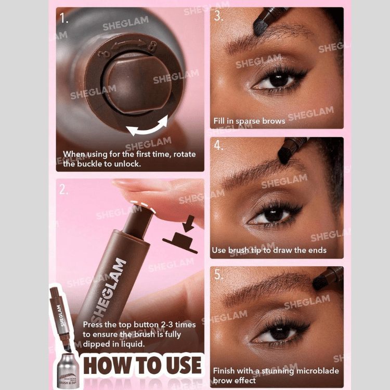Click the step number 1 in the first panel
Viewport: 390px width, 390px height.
pos(64,18)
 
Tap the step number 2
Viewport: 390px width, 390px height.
pos(63,189)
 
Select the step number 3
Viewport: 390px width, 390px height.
pos(218,16)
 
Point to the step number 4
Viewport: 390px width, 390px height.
pos(218,145)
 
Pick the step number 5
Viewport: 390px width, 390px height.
pos(218,275)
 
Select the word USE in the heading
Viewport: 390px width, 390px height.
pos(184,365)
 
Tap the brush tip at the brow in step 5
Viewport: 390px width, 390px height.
pos(319,283)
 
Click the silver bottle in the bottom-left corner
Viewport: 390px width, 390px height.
pos(67,371)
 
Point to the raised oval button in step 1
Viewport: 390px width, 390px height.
pos(136,83)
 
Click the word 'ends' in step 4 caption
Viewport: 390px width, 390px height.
pos(318,250)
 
